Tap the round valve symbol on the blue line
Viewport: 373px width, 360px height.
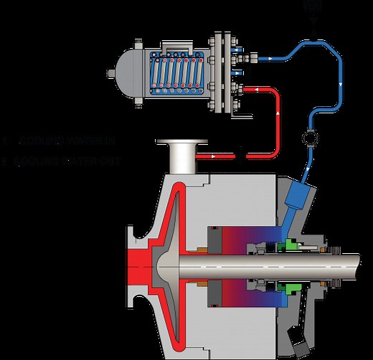tap(309, 136)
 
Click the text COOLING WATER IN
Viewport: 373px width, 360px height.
tap(68, 138)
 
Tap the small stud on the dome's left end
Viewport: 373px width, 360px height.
tap(109, 72)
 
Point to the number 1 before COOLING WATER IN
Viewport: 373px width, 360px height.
tap(6, 138)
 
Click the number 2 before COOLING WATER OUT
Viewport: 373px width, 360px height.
tap(6, 161)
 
